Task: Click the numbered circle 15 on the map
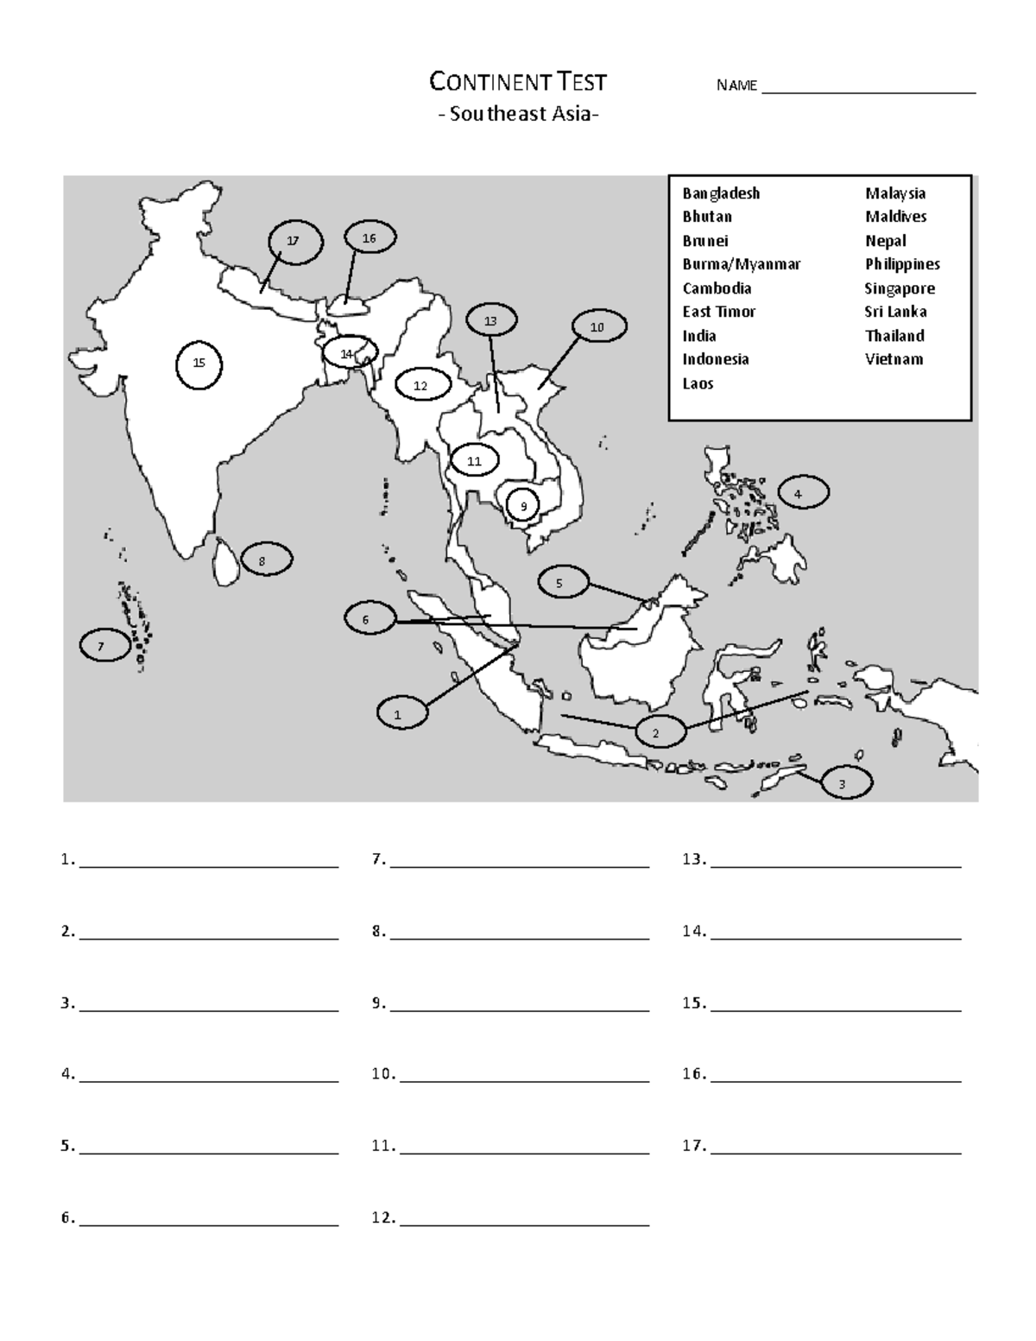point(199,364)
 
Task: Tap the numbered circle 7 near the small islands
point(104,645)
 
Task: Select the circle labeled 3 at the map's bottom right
point(842,783)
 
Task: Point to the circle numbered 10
point(597,328)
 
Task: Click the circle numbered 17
point(294,242)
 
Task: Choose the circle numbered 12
point(420,386)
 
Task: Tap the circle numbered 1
point(399,714)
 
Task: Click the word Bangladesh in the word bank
point(721,193)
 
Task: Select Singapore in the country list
point(900,288)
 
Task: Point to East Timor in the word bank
point(719,312)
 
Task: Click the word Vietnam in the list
point(894,359)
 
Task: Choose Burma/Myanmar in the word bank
point(741,264)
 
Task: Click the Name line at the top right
point(868,92)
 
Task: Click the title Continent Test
point(518,83)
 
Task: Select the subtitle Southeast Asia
point(518,114)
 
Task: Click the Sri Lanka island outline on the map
point(226,562)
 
